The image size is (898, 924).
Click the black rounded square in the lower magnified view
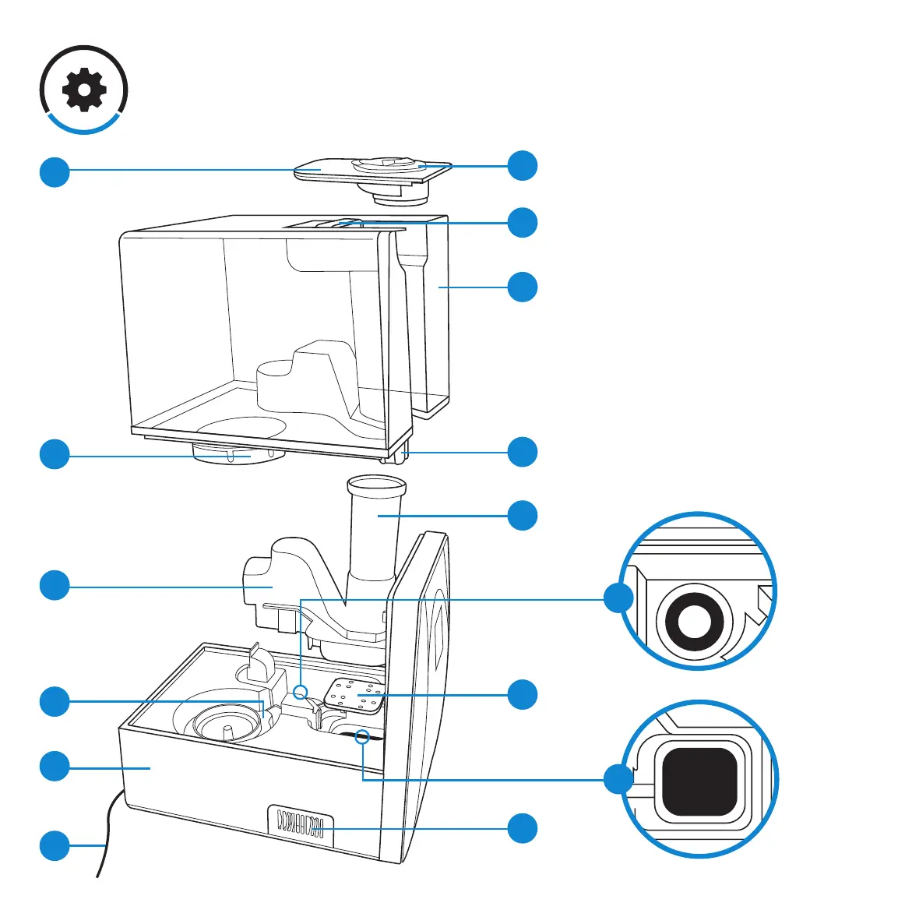coord(699,780)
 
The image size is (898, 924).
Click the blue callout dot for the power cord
coord(55,845)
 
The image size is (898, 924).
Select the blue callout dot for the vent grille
coord(523,827)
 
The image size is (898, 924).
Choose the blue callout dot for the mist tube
coord(523,516)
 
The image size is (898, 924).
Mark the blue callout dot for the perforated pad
coord(523,694)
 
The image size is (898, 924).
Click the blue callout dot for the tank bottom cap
coord(55,455)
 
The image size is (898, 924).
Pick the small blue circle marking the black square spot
coord(362,735)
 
